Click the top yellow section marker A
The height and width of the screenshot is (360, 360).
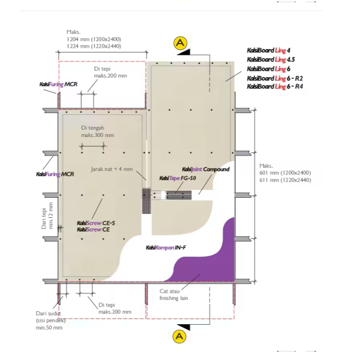click(180, 43)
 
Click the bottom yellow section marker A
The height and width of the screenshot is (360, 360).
click(179, 337)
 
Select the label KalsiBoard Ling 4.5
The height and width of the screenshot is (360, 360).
click(271, 59)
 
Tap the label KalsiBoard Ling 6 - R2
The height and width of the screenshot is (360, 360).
click(275, 78)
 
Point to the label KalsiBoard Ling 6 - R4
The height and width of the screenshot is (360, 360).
click(275, 86)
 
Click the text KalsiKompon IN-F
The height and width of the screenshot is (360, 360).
click(166, 247)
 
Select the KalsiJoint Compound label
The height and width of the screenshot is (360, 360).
click(206, 170)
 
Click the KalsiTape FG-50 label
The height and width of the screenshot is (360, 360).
click(178, 178)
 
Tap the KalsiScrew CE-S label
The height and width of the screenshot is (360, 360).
click(96, 223)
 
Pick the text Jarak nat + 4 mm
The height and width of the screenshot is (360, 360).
click(112, 169)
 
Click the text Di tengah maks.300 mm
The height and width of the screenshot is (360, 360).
click(97, 131)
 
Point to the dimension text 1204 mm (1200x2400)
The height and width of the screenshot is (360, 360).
click(94, 39)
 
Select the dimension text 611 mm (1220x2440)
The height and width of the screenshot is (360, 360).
click(285, 180)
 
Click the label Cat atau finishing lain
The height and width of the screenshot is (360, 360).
click(174, 295)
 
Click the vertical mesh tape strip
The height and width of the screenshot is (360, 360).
click(146, 200)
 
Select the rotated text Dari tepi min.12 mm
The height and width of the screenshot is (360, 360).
click(47, 216)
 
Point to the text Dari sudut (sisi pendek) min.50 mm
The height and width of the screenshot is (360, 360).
click(51, 320)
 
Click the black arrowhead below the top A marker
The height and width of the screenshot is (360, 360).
click(184, 52)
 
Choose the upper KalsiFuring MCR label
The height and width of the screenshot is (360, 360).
click(58, 84)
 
